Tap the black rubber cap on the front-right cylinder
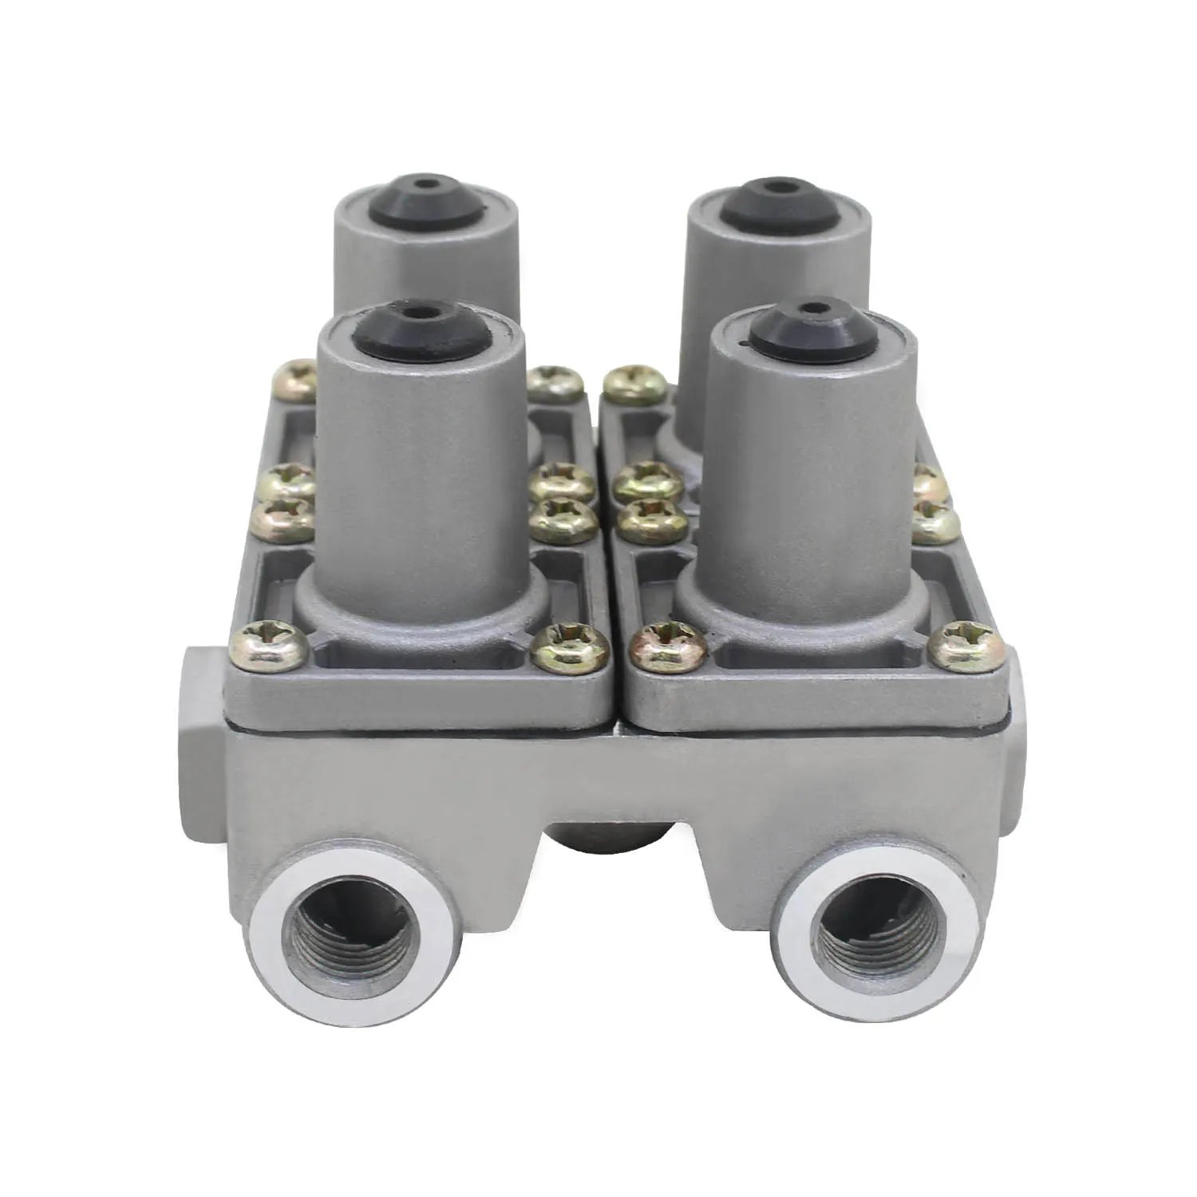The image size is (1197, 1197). [x=812, y=328]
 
